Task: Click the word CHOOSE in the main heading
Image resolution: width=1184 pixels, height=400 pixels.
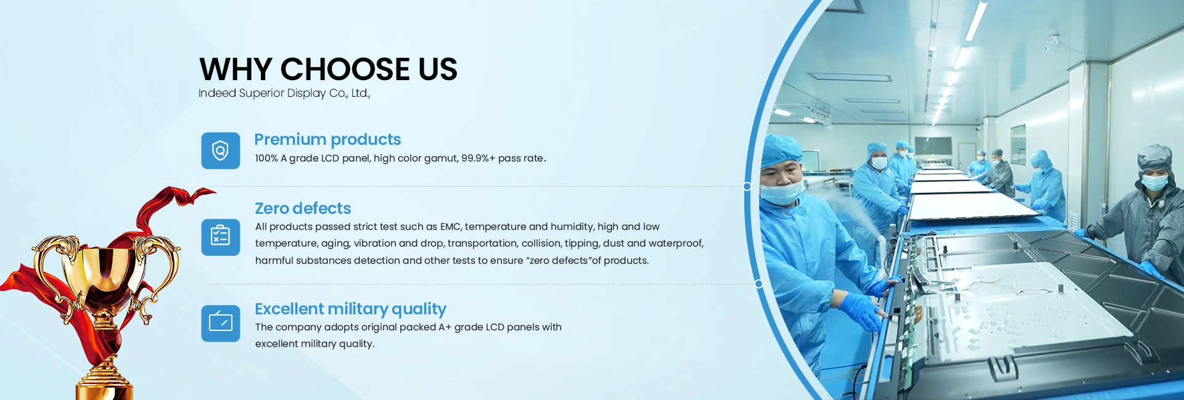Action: (345, 69)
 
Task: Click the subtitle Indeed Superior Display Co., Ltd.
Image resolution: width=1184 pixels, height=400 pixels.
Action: (284, 93)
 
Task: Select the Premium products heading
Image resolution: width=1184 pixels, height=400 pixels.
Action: (327, 139)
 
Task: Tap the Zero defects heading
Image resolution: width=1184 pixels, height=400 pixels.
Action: (303, 208)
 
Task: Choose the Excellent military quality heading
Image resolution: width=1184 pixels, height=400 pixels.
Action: (350, 309)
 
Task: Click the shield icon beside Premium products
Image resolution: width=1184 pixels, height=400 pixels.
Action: (220, 150)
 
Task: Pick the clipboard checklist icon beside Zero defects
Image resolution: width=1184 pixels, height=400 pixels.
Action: (220, 237)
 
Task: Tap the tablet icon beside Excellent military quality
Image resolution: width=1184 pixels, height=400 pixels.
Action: (220, 323)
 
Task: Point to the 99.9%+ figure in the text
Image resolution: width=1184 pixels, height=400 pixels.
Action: (478, 158)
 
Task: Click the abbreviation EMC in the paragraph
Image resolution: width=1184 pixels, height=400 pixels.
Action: (450, 227)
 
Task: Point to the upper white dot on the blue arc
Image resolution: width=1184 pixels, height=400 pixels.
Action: (747, 186)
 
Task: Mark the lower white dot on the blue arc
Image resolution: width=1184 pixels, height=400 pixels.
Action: (758, 284)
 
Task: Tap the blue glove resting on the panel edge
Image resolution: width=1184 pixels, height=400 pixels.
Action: (861, 311)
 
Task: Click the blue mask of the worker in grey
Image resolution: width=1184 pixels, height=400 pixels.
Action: (1154, 182)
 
